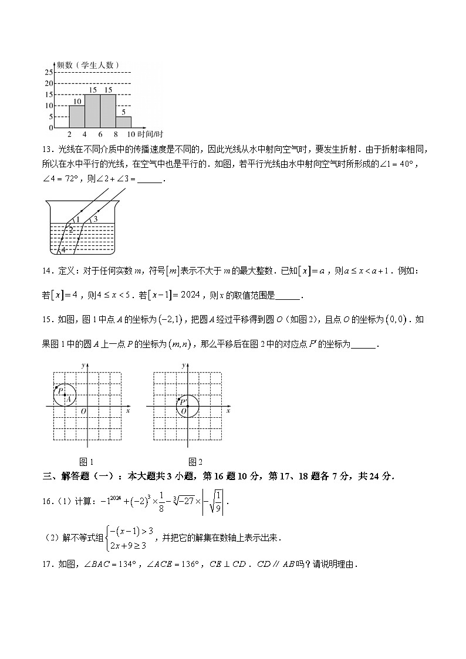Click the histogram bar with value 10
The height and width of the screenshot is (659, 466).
77,116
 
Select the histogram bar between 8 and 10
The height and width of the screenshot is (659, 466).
123,122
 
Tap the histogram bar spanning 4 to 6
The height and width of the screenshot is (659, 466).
92,111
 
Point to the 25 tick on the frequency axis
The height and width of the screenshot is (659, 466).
49,72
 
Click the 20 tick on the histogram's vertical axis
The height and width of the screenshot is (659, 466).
49,83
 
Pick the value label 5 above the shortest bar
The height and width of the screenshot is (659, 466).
123,112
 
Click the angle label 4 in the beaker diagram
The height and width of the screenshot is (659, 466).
63,250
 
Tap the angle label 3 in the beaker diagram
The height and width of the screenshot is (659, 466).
94,219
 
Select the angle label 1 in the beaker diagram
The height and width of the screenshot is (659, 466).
77,220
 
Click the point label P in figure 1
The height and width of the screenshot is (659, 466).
60,390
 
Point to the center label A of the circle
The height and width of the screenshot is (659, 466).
68,399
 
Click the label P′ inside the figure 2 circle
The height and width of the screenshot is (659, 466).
183,401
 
